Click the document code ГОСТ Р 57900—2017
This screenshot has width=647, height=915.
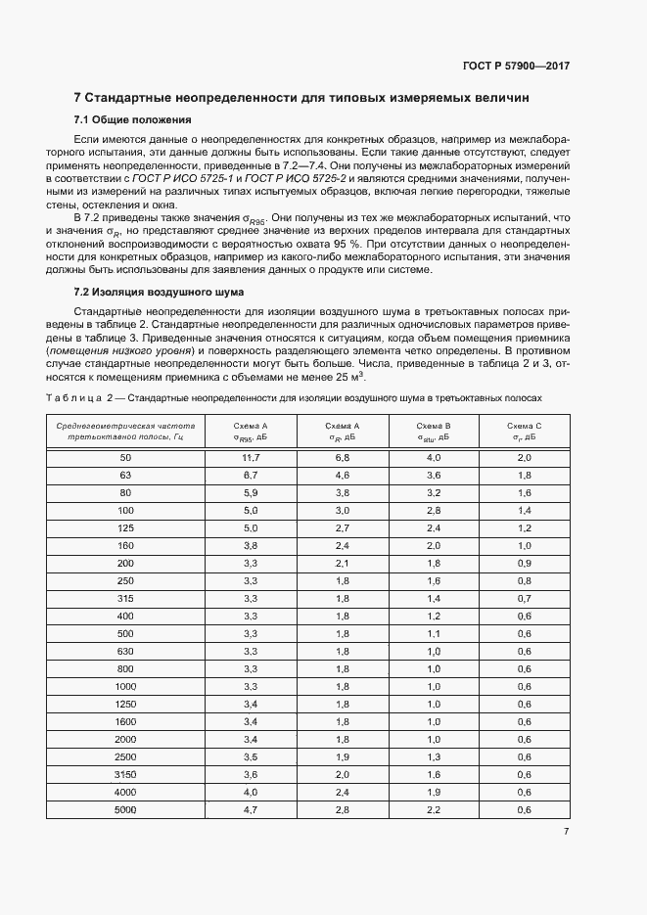point(516,66)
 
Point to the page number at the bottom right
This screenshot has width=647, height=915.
point(567,832)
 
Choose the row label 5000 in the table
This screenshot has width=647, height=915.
point(125,810)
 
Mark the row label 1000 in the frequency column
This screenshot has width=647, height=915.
point(125,687)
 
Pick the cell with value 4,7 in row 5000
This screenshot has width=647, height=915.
point(250,810)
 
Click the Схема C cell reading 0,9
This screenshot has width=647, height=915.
point(523,563)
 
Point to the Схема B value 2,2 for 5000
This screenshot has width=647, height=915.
point(433,810)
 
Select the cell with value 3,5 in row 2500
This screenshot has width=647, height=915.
point(250,757)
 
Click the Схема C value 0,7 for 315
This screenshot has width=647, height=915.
point(523,598)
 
